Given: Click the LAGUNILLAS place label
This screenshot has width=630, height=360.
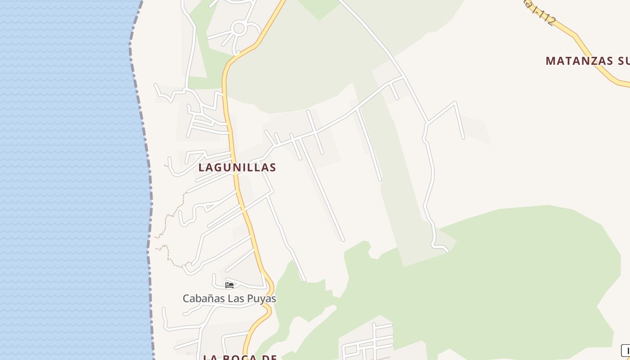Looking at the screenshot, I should point(237,167).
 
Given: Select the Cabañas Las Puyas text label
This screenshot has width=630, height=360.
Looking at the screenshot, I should point(229,298).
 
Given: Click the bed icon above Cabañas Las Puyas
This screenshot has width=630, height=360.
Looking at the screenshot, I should point(229,285).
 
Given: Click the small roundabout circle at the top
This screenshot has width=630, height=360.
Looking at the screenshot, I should point(239,29).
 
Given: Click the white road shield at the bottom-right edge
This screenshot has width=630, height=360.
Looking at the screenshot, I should point(626,350).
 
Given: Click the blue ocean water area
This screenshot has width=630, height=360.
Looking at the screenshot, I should point(67,180).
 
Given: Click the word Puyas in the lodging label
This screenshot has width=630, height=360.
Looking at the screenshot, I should point(261,299).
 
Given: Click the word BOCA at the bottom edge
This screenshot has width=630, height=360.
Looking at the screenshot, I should point(241,357).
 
